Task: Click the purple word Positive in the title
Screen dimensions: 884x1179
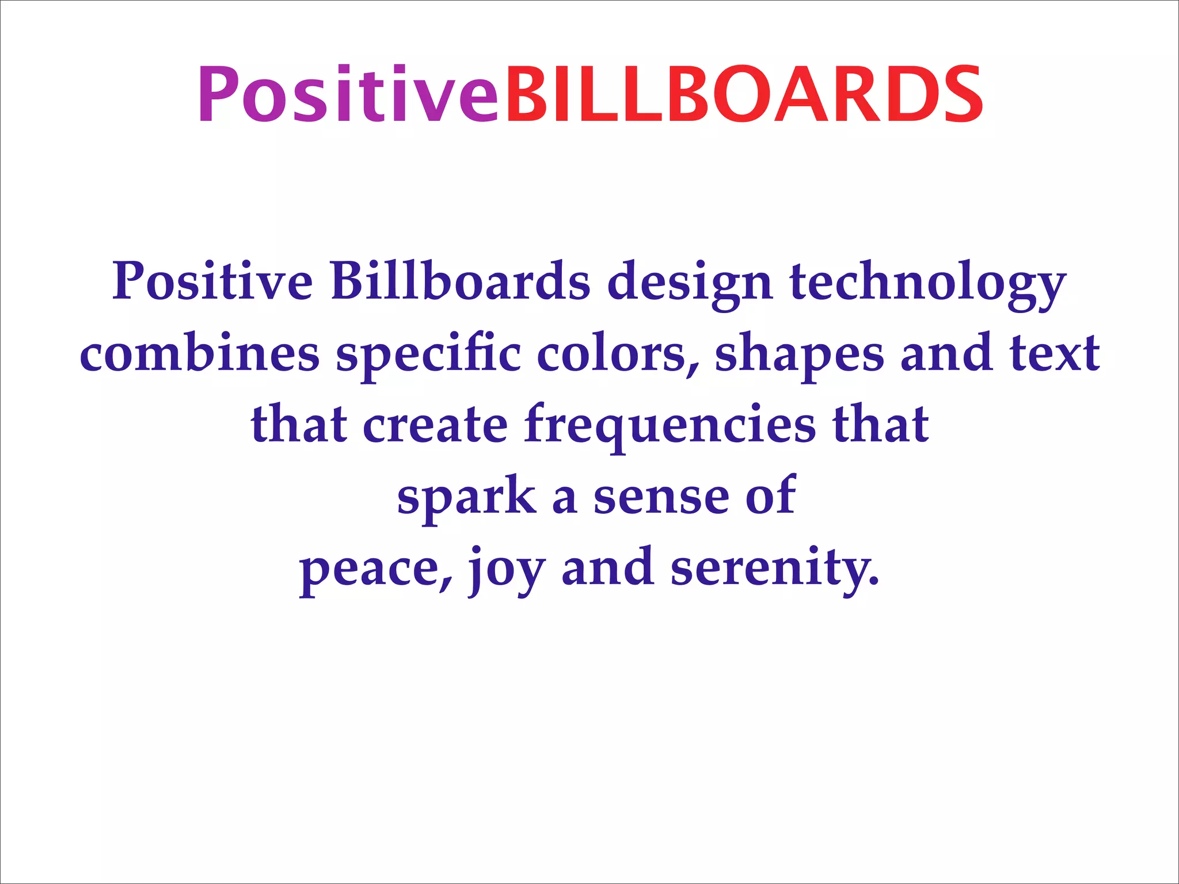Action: click(348, 95)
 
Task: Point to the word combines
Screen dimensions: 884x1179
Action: click(199, 353)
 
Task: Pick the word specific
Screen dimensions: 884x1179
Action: click(429, 353)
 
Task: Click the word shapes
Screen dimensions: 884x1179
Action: click(799, 353)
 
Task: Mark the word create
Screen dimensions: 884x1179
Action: click(435, 424)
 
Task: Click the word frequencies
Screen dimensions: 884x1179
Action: click(670, 424)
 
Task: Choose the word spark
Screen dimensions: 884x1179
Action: click(466, 496)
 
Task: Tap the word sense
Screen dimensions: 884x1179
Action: click(661, 496)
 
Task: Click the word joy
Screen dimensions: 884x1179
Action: click(505, 567)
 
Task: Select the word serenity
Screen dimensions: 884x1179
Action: click(775, 567)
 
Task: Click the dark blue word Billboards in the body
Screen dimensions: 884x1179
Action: click(461, 282)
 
